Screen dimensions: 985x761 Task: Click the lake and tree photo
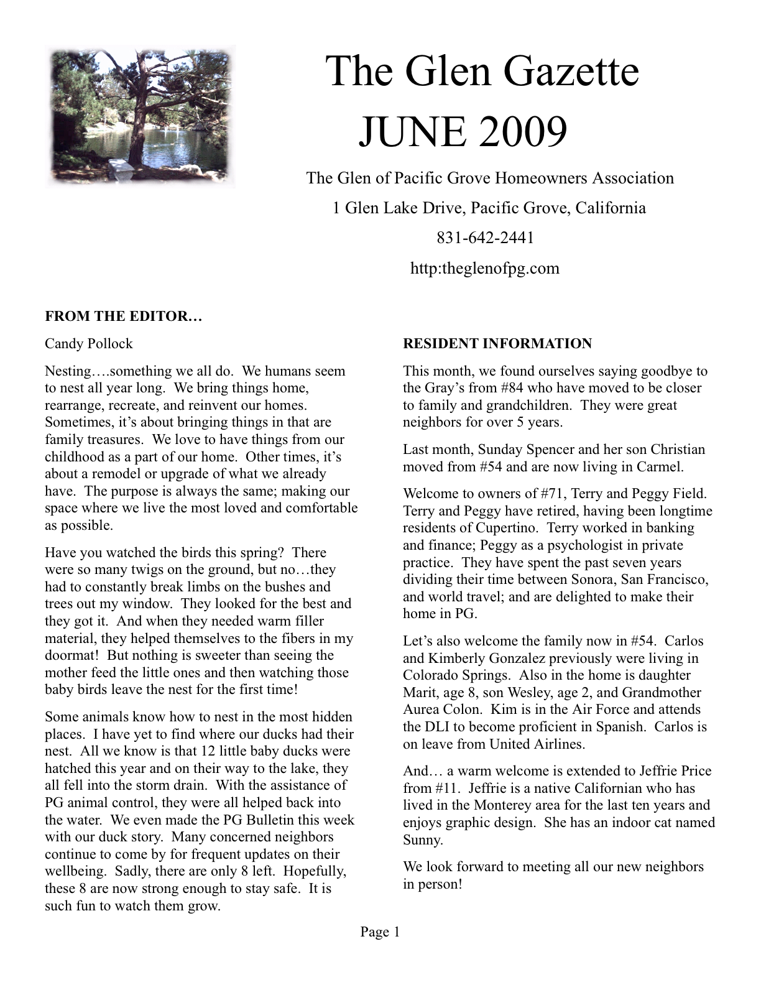click(x=141, y=116)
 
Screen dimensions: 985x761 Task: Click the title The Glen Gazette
click(x=482, y=72)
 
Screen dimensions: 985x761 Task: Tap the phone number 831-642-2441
click(x=486, y=238)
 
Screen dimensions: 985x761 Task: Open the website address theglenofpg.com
click(x=485, y=269)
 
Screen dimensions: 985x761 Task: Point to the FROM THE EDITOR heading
click(x=124, y=316)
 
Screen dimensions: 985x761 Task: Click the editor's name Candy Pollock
click(x=88, y=343)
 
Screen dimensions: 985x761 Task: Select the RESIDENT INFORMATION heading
click(x=497, y=343)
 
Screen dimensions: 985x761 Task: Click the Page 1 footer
click(x=380, y=932)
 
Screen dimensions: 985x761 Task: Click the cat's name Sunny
click(x=423, y=840)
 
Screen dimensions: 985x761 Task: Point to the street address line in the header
click(x=489, y=208)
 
